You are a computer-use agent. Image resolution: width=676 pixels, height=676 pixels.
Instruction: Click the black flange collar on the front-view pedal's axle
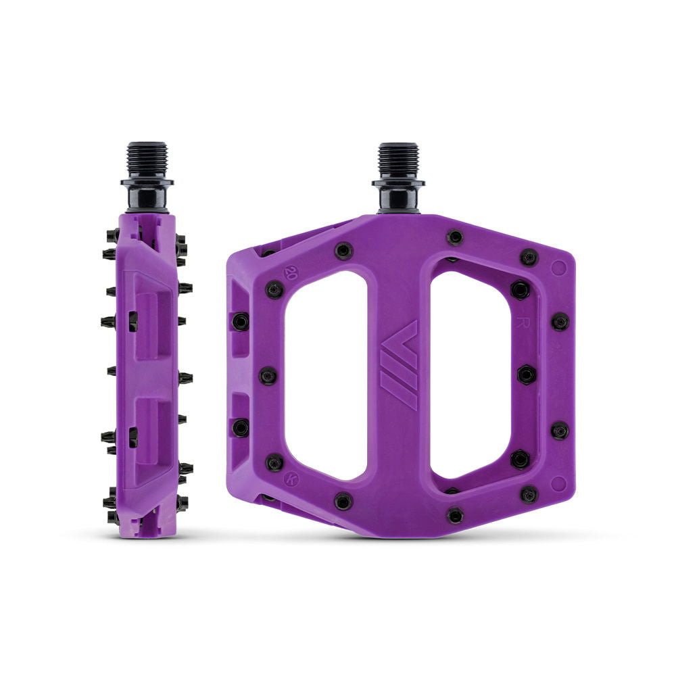click(398, 183)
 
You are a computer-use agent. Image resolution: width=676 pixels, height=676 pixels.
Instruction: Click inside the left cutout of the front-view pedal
click(326, 375)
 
